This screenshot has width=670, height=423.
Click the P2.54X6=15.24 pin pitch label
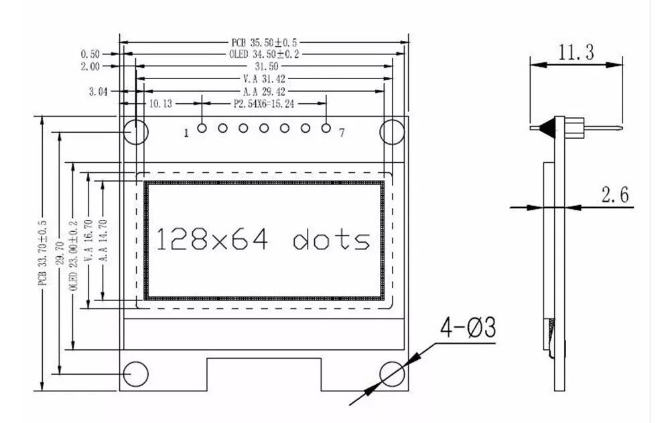[x=264, y=104]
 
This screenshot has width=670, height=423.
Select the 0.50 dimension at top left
[x=90, y=54]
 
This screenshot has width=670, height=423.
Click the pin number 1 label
[x=186, y=133]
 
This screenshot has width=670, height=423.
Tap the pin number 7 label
[x=341, y=133]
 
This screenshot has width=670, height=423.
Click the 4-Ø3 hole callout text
[x=467, y=328]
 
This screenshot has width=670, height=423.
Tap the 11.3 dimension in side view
[x=576, y=52]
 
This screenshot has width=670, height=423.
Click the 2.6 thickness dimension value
[x=614, y=195]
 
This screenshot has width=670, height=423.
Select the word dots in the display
[x=331, y=239]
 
